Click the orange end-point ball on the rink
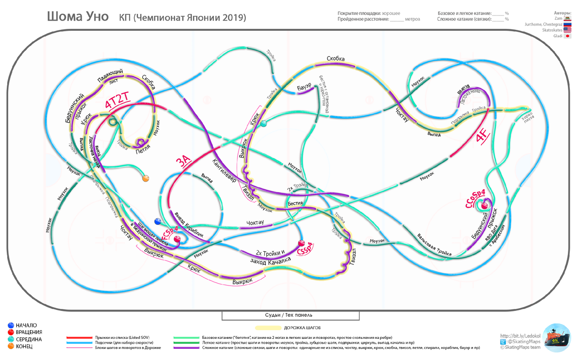[145, 178]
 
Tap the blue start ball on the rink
[157, 221]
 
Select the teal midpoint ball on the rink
[263, 124]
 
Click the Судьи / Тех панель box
[290, 315]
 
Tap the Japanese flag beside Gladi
[567, 36]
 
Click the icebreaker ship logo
[556, 339]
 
